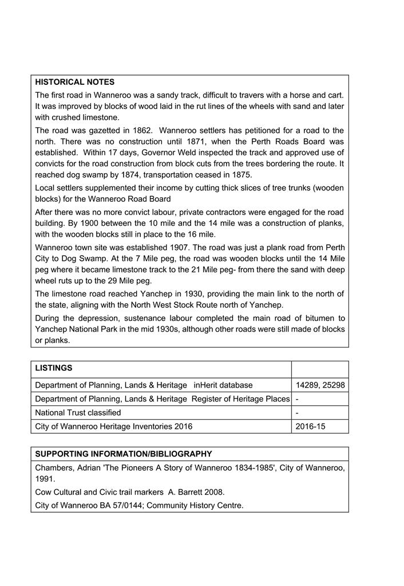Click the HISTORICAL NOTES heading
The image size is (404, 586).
(x=74, y=82)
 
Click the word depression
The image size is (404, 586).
(x=101, y=318)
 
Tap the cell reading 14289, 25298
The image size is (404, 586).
(x=320, y=385)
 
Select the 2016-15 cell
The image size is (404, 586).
(x=310, y=427)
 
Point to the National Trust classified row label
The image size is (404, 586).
(x=78, y=413)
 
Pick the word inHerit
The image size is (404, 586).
(x=208, y=385)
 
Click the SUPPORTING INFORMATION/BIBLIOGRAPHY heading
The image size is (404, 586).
(x=123, y=454)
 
